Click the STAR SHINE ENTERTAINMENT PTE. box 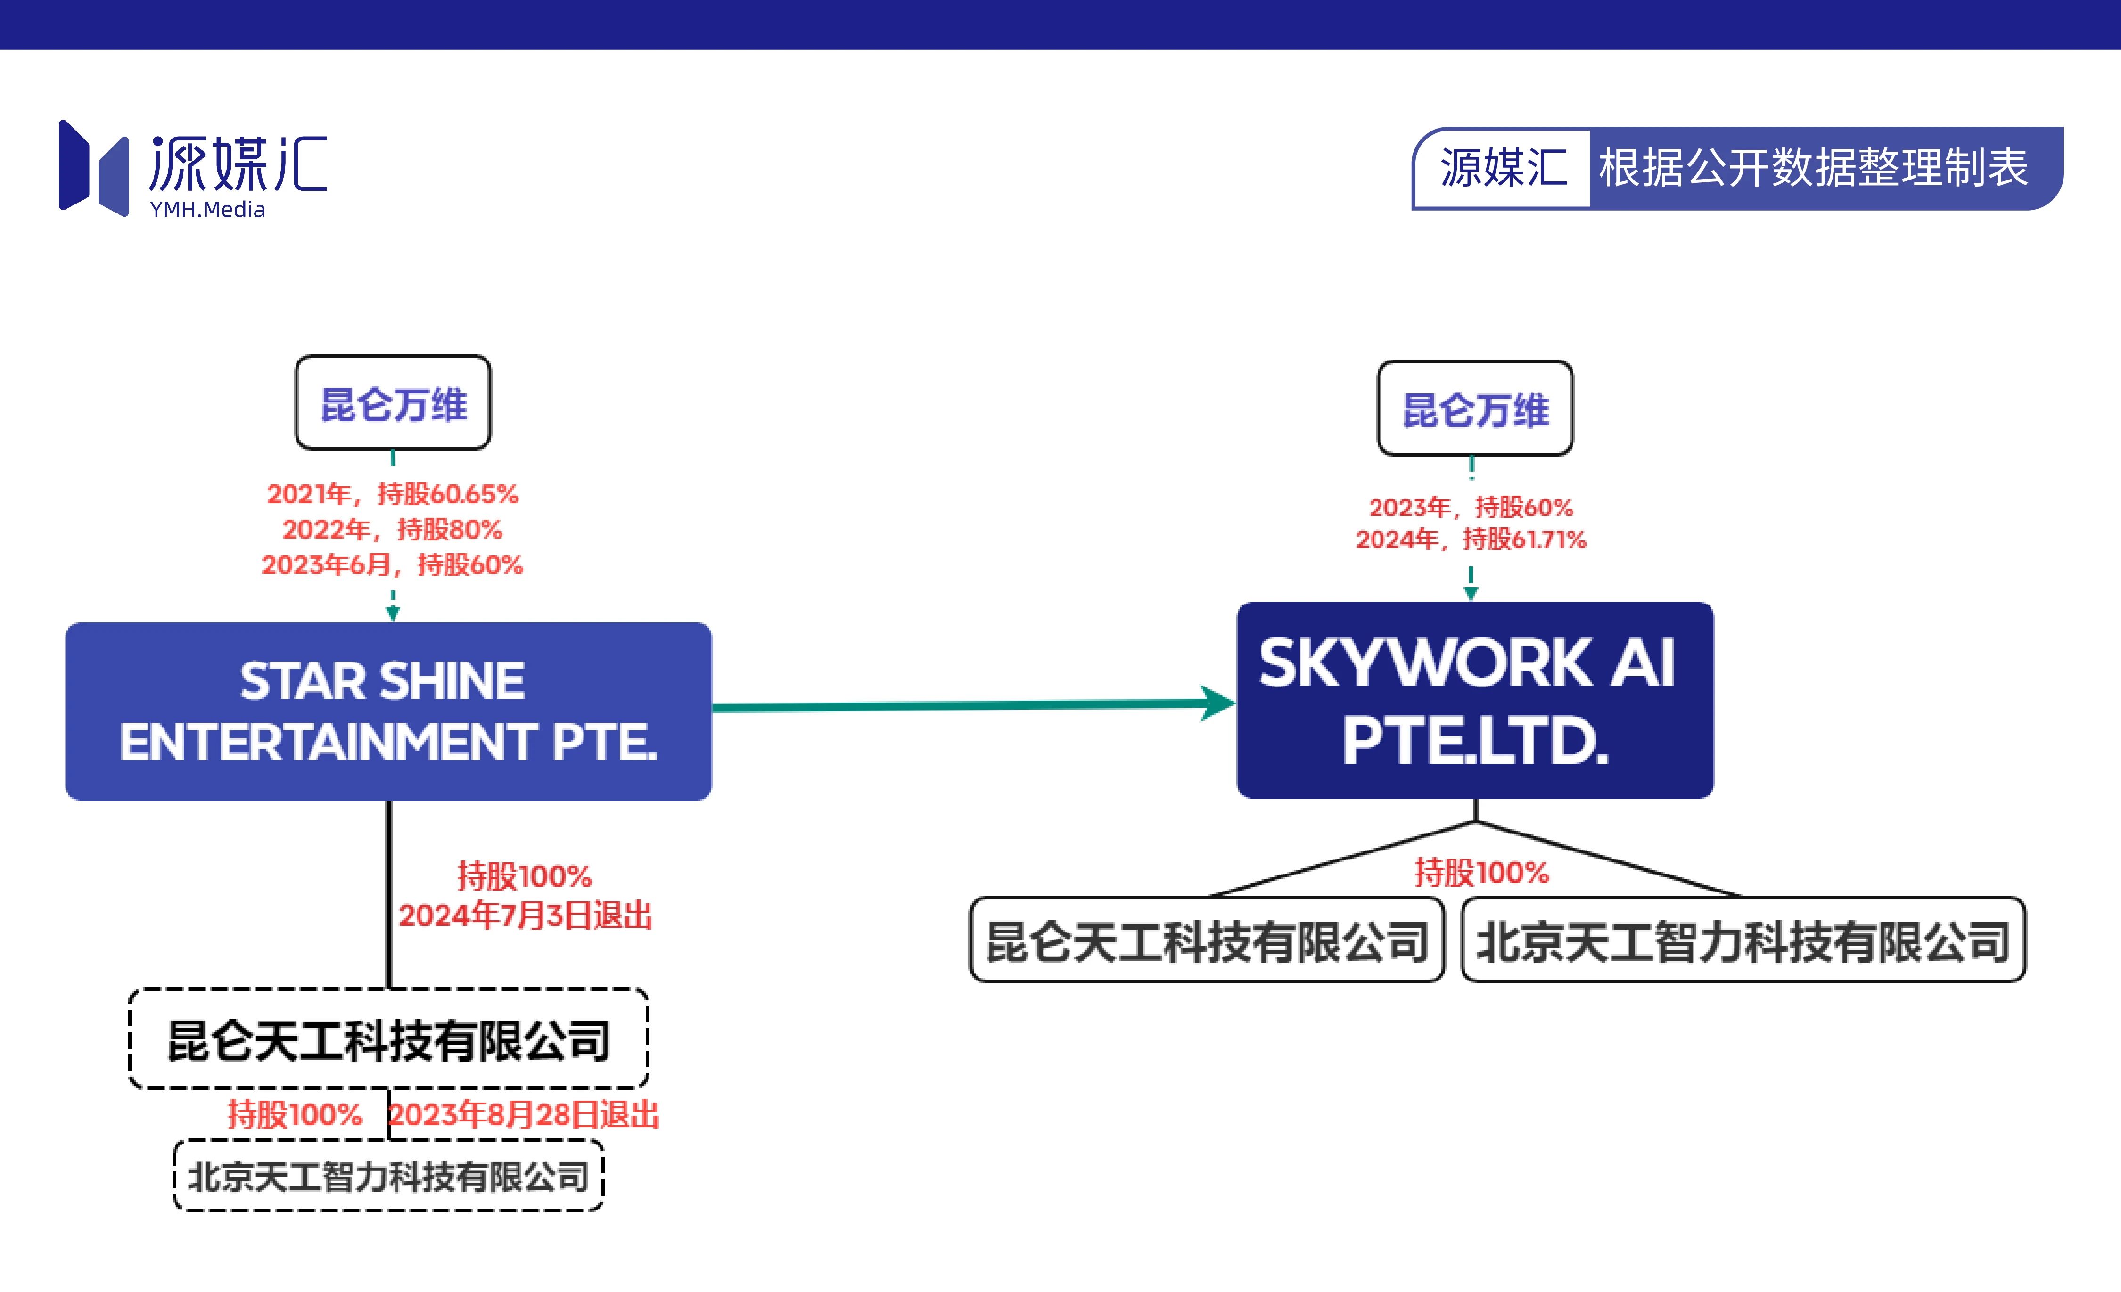click(388, 711)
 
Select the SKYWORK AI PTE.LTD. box click(1475, 700)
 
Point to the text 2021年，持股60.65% click(393, 494)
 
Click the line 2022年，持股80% click(393, 529)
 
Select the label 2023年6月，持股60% click(393, 564)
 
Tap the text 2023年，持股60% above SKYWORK click(1471, 507)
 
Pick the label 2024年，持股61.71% click(1471, 540)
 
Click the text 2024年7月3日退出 click(525, 915)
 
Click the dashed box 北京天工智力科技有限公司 click(389, 1176)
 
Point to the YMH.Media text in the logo click(207, 209)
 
